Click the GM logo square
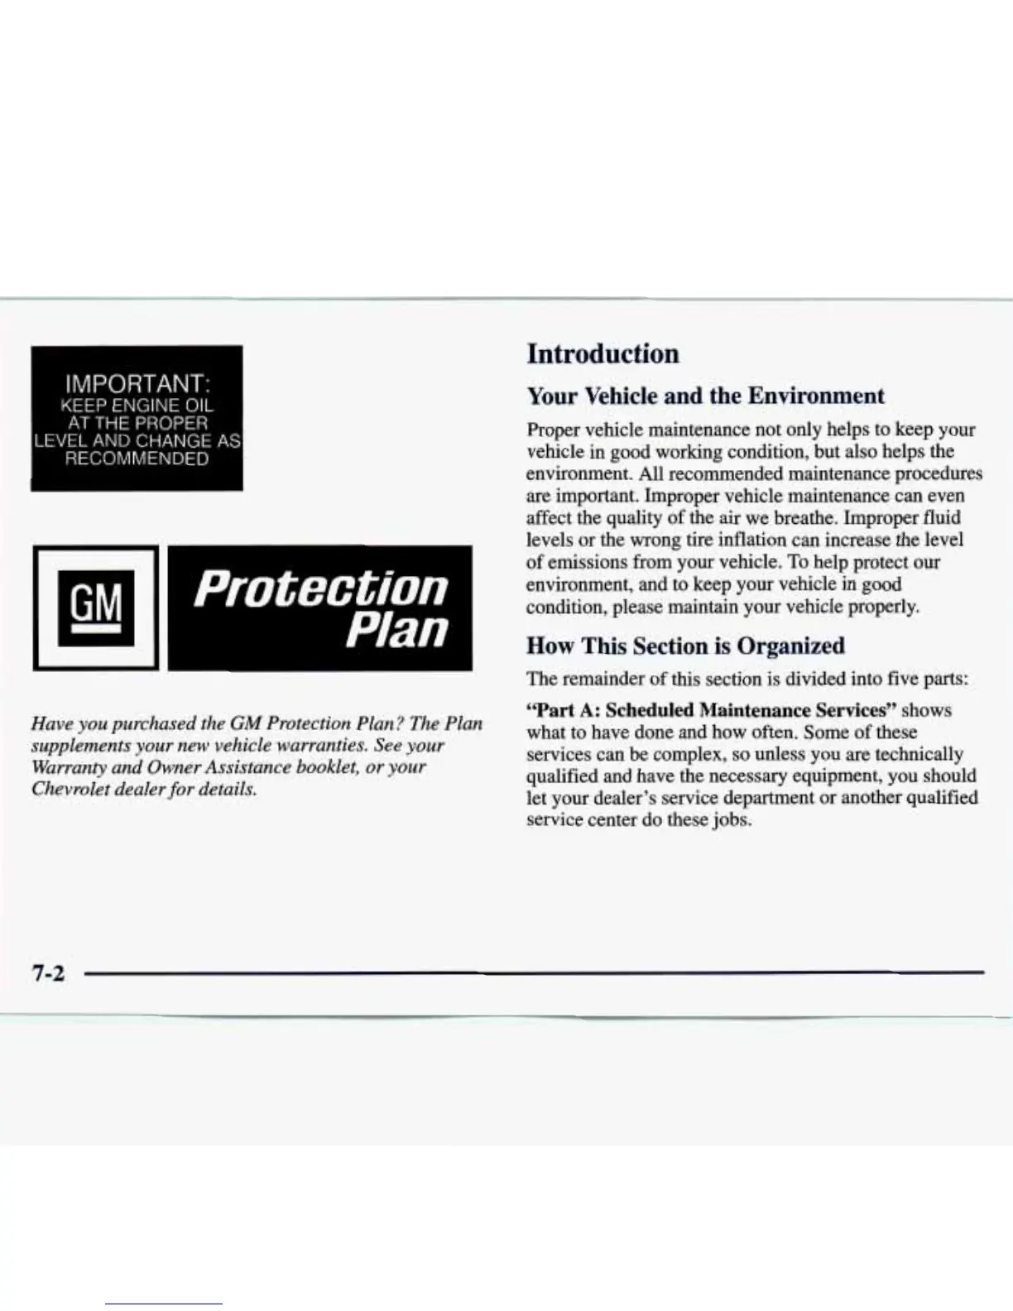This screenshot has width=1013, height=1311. point(94,609)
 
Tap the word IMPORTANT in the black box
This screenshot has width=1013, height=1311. point(137,385)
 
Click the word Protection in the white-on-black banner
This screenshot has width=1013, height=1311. point(321,587)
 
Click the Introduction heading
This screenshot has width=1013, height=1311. point(603,354)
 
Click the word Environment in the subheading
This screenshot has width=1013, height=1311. point(816,396)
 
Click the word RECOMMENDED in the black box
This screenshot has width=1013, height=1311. point(137,459)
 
